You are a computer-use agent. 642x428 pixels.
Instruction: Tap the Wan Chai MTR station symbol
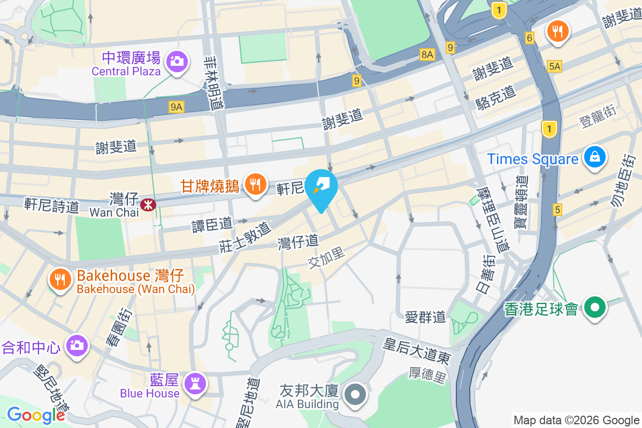pos(147,204)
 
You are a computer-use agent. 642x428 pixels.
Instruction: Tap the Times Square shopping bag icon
pos(594,158)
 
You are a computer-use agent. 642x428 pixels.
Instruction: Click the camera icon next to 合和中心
pos(77,346)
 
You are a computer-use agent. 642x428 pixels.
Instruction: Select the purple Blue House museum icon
pos(193,384)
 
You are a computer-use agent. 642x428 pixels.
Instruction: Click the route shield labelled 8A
pos(427,54)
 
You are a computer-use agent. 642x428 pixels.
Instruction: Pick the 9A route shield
pos(177,108)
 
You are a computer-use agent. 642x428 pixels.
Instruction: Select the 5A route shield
pos(555,66)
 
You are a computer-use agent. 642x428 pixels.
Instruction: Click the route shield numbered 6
pos(530,38)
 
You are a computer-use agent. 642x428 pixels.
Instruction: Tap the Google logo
pos(36,415)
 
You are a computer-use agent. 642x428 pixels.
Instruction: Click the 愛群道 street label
pos(425,317)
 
